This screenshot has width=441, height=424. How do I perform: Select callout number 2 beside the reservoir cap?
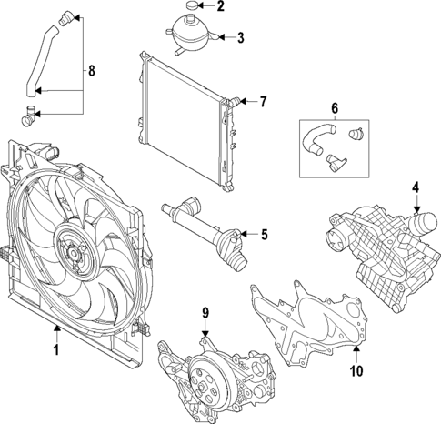[219, 8]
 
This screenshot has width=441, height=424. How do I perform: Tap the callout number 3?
[240, 38]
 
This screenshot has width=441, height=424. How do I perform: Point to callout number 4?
[415, 188]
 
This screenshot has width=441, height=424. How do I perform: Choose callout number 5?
[265, 235]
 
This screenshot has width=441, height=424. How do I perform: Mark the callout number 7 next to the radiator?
[263, 101]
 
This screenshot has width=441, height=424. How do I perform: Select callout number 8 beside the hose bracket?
[89, 69]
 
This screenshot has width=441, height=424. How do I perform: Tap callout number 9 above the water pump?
[205, 313]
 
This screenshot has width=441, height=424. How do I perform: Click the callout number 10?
[356, 370]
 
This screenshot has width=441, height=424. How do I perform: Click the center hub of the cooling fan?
[71, 247]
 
